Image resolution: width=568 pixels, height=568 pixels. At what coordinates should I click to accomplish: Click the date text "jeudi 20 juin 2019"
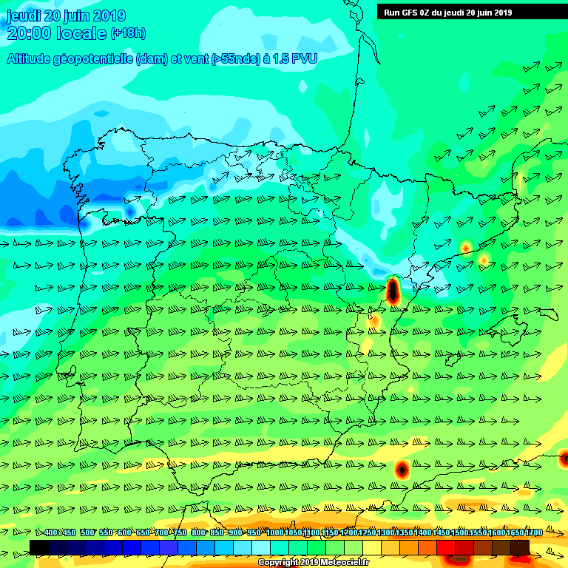(x=66, y=16)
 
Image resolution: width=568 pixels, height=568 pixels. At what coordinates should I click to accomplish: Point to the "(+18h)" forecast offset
(x=128, y=33)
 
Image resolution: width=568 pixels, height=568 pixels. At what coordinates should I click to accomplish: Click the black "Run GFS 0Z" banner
(x=447, y=12)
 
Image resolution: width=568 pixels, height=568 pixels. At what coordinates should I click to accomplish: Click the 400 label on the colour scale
(x=50, y=532)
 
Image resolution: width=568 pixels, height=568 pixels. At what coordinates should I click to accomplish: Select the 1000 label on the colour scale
(x=274, y=532)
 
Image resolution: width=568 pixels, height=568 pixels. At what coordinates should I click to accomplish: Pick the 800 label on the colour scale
(x=198, y=532)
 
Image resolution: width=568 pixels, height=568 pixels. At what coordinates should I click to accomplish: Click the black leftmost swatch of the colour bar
(x=39, y=547)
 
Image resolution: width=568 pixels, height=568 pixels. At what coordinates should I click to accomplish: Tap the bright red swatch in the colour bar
(x=446, y=547)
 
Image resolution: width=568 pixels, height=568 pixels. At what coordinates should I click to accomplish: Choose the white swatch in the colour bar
(x=261, y=547)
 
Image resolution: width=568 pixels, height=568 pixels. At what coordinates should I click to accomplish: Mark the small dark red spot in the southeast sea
(x=402, y=468)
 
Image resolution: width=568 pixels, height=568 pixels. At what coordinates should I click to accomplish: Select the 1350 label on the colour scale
(x=404, y=532)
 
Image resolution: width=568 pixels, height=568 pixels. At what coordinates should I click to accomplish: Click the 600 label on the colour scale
(x=124, y=532)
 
